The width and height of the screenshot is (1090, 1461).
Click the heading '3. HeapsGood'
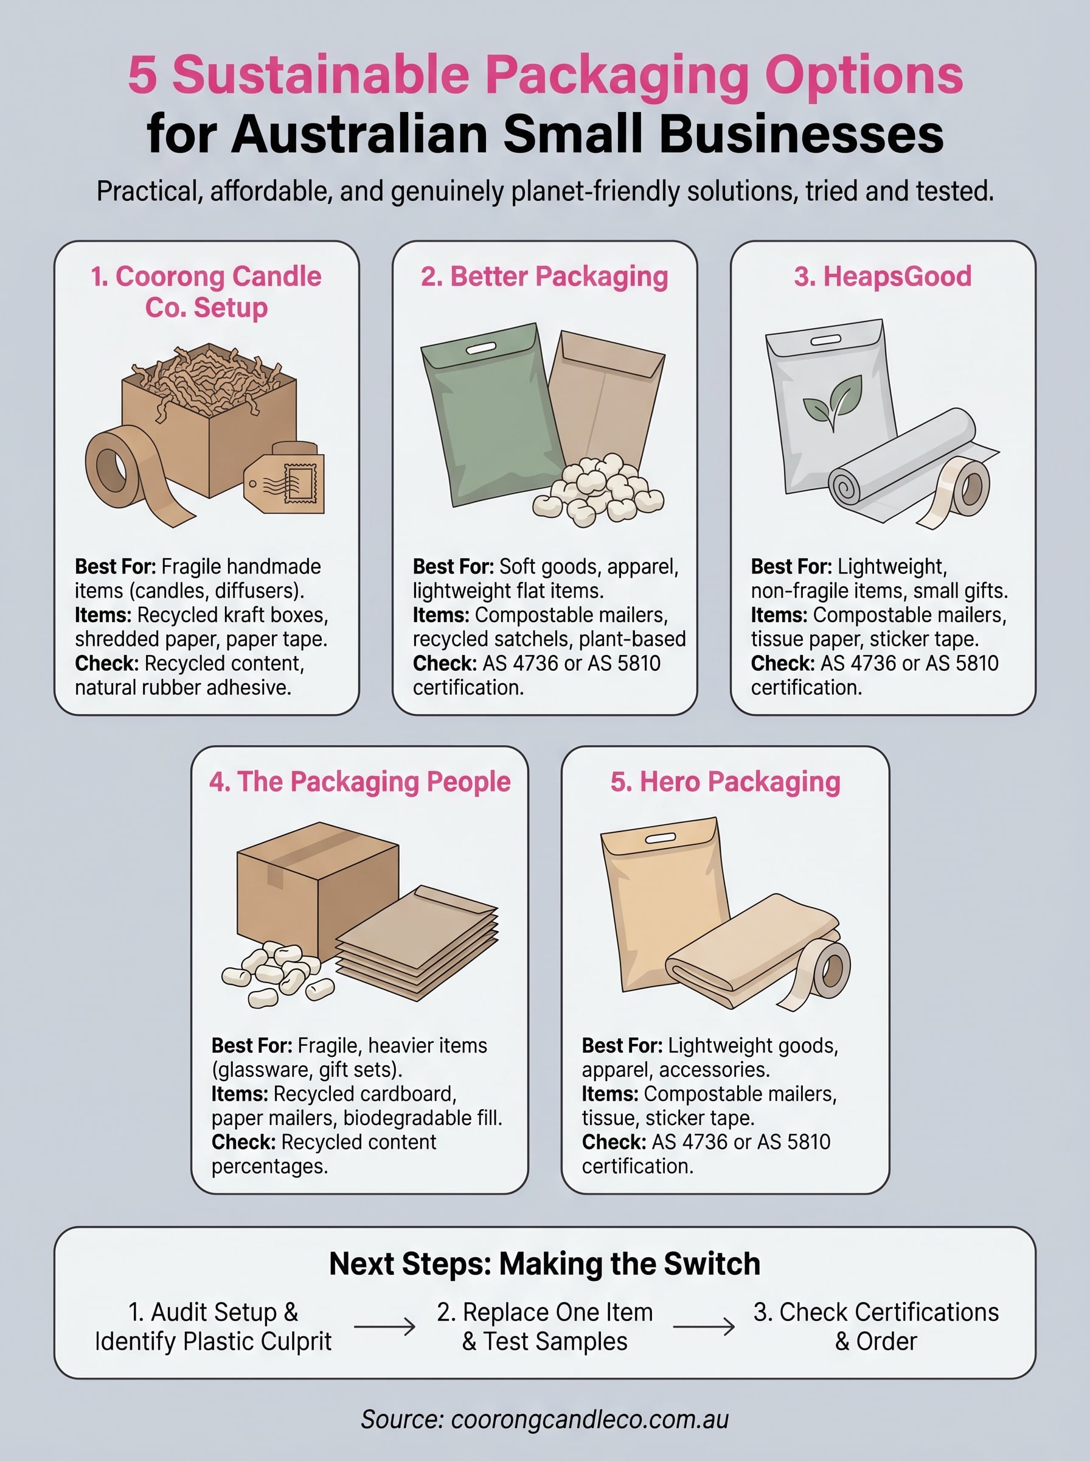coord(882,276)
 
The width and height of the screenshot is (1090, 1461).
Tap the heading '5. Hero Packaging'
coord(725,782)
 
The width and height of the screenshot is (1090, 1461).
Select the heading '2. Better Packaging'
coord(544,276)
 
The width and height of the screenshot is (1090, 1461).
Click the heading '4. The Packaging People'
coord(359,782)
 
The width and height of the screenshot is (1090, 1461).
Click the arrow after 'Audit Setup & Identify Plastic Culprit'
coord(384,1326)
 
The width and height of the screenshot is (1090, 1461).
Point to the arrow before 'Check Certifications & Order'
coord(703,1326)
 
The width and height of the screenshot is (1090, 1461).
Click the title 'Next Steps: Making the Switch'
coord(544,1264)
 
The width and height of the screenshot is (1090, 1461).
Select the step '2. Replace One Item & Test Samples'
coord(544,1326)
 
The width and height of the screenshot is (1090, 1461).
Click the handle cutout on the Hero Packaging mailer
coord(660,838)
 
